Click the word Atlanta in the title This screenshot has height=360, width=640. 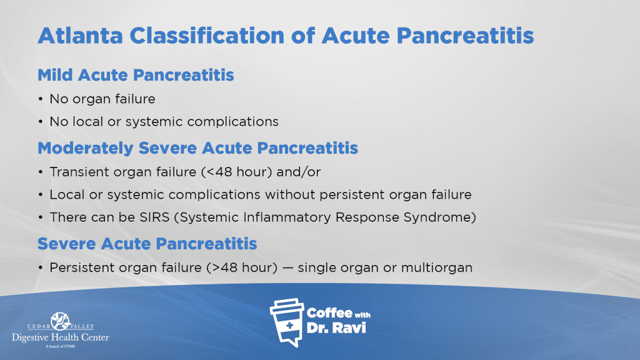[x=81, y=36]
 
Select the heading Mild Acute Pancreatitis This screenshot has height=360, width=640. [x=136, y=76]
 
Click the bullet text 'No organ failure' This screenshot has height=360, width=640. [x=102, y=99]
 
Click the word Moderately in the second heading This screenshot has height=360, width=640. [x=86, y=149]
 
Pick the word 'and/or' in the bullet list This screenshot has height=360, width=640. [x=299, y=172]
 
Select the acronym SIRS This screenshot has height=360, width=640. [x=155, y=217]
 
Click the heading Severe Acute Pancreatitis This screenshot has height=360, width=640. [x=147, y=244]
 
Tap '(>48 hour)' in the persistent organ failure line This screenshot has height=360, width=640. [x=242, y=268]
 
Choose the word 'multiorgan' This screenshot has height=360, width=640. [x=437, y=268]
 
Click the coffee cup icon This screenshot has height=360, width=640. [x=287, y=322]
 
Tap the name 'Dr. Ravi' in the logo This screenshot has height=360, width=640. [x=336, y=328]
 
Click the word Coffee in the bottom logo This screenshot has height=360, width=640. [x=330, y=313]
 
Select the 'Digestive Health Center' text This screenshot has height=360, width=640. [x=61, y=337]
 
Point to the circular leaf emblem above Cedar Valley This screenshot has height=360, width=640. [x=61, y=321]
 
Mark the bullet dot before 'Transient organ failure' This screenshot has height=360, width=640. [x=41, y=172]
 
